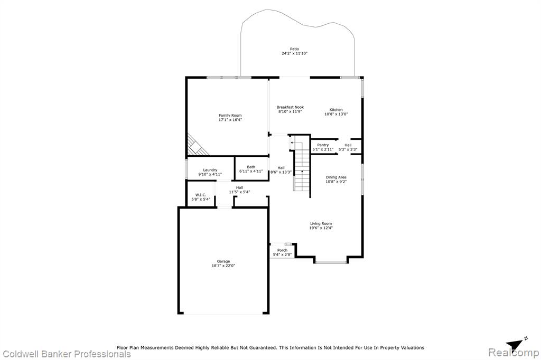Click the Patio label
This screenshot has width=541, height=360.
294,49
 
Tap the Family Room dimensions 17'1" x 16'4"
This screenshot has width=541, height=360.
230,120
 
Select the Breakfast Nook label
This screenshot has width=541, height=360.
290,107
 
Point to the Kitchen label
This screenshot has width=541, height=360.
336,110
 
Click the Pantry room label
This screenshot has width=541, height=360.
323,145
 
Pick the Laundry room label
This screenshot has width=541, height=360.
210,170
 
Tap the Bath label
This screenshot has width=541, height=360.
251,167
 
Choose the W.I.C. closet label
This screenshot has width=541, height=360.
201,195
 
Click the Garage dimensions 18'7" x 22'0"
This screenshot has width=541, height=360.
223,266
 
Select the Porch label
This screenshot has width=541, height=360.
282,250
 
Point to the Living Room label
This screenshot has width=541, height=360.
321,223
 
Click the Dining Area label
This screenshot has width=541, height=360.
336,177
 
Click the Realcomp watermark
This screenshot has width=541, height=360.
514,353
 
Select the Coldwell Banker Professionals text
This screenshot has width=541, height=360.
67,354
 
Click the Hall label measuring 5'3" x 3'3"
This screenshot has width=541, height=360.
348,145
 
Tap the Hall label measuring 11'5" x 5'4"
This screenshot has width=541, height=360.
239,187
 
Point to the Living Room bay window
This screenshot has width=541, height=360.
331,262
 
